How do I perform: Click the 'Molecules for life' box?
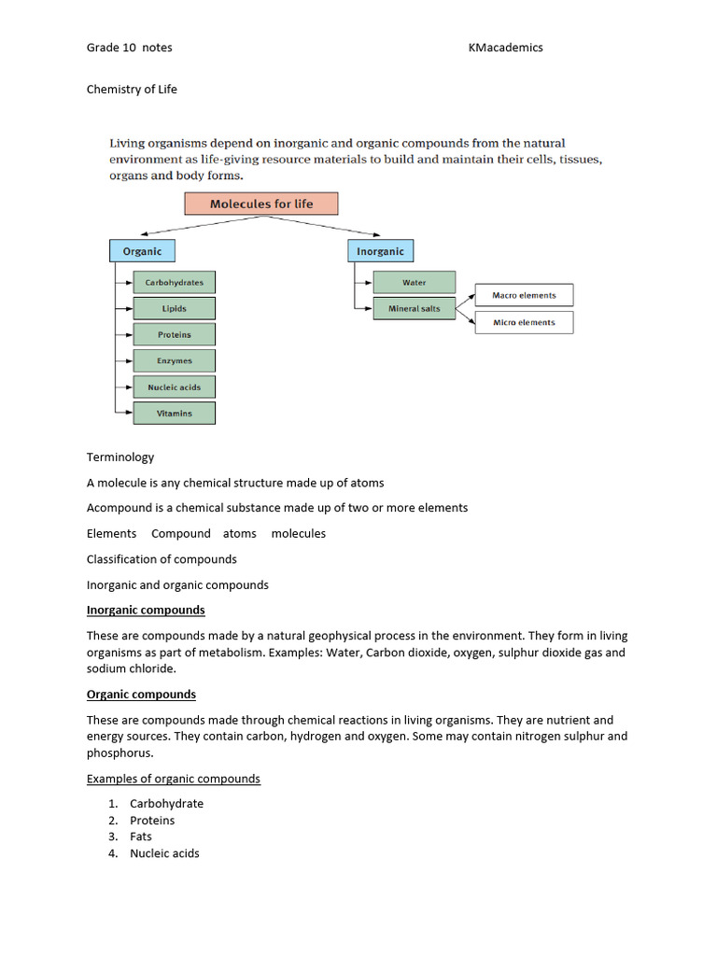click(261, 204)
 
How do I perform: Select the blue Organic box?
click(142, 251)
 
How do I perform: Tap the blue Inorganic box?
click(380, 251)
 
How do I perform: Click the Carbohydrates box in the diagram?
click(174, 282)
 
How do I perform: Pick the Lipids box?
click(174, 308)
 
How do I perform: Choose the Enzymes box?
click(174, 360)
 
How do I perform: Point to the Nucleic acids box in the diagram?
click(174, 387)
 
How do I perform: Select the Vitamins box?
click(174, 413)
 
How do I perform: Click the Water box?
click(414, 282)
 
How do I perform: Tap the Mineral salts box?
click(414, 308)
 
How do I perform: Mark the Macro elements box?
click(524, 295)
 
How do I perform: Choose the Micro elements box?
click(524, 322)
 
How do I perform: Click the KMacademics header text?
click(505, 48)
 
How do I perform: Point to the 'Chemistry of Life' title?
click(132, 90)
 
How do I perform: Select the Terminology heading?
click(120, 457)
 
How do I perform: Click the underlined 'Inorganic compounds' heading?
click(146, 611)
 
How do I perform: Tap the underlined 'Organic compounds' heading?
click(141, 695)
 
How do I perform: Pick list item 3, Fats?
click(141, 836)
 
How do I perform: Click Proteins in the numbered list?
click(152, 821)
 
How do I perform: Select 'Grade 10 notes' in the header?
click(129, 48)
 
